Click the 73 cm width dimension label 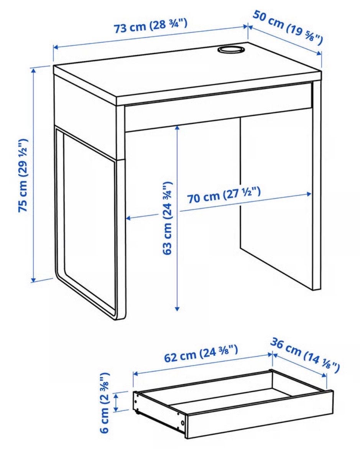[150, 26]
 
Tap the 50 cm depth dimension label [288, 27]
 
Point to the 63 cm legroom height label [167, 218]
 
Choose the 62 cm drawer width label [201, 353]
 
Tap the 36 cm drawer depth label [305, 355]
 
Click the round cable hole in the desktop [230, 49]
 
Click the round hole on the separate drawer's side [182, 422]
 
